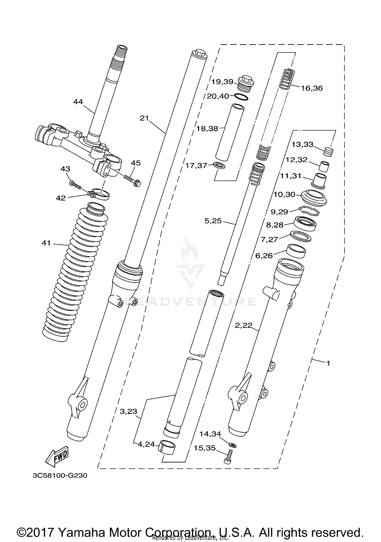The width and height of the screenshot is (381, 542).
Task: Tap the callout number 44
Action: click(x=78, y=102)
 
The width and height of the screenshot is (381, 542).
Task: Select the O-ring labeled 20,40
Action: click(x=241, y=97)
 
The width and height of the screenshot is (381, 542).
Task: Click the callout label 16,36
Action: click(x=312, y=88)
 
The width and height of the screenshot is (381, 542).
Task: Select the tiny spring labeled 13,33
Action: click(x=329, y=152)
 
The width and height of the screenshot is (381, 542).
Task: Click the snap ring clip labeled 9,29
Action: click(x=309, y=210)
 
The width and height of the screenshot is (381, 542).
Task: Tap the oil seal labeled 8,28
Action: click(x=305, y=223)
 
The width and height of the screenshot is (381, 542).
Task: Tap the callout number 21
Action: click(x=144, y=118)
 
